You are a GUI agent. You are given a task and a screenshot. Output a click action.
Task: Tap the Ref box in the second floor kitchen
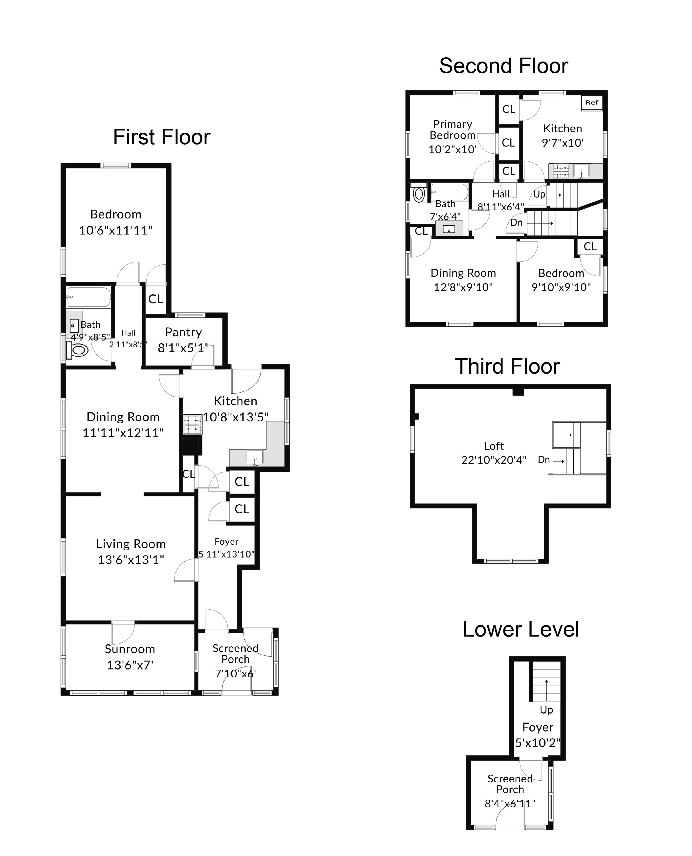tap(592, 102)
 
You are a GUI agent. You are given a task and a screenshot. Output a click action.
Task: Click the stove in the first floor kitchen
tap(192, 424)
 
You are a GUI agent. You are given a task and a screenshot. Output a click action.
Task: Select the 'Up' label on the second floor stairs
tap(539, 194)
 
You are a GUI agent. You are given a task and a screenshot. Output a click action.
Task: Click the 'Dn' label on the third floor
tap(544, 459)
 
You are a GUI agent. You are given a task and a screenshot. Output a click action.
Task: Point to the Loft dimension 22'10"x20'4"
tap(494, 460)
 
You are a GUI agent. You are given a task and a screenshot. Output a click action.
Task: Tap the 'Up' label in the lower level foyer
tap(546, 710)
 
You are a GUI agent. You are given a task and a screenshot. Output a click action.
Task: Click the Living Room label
tap(131, 544)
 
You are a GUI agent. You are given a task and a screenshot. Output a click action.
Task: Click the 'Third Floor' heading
tap(507, 367)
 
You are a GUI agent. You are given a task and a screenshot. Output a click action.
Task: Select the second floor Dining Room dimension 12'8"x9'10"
tap(463, 287)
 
